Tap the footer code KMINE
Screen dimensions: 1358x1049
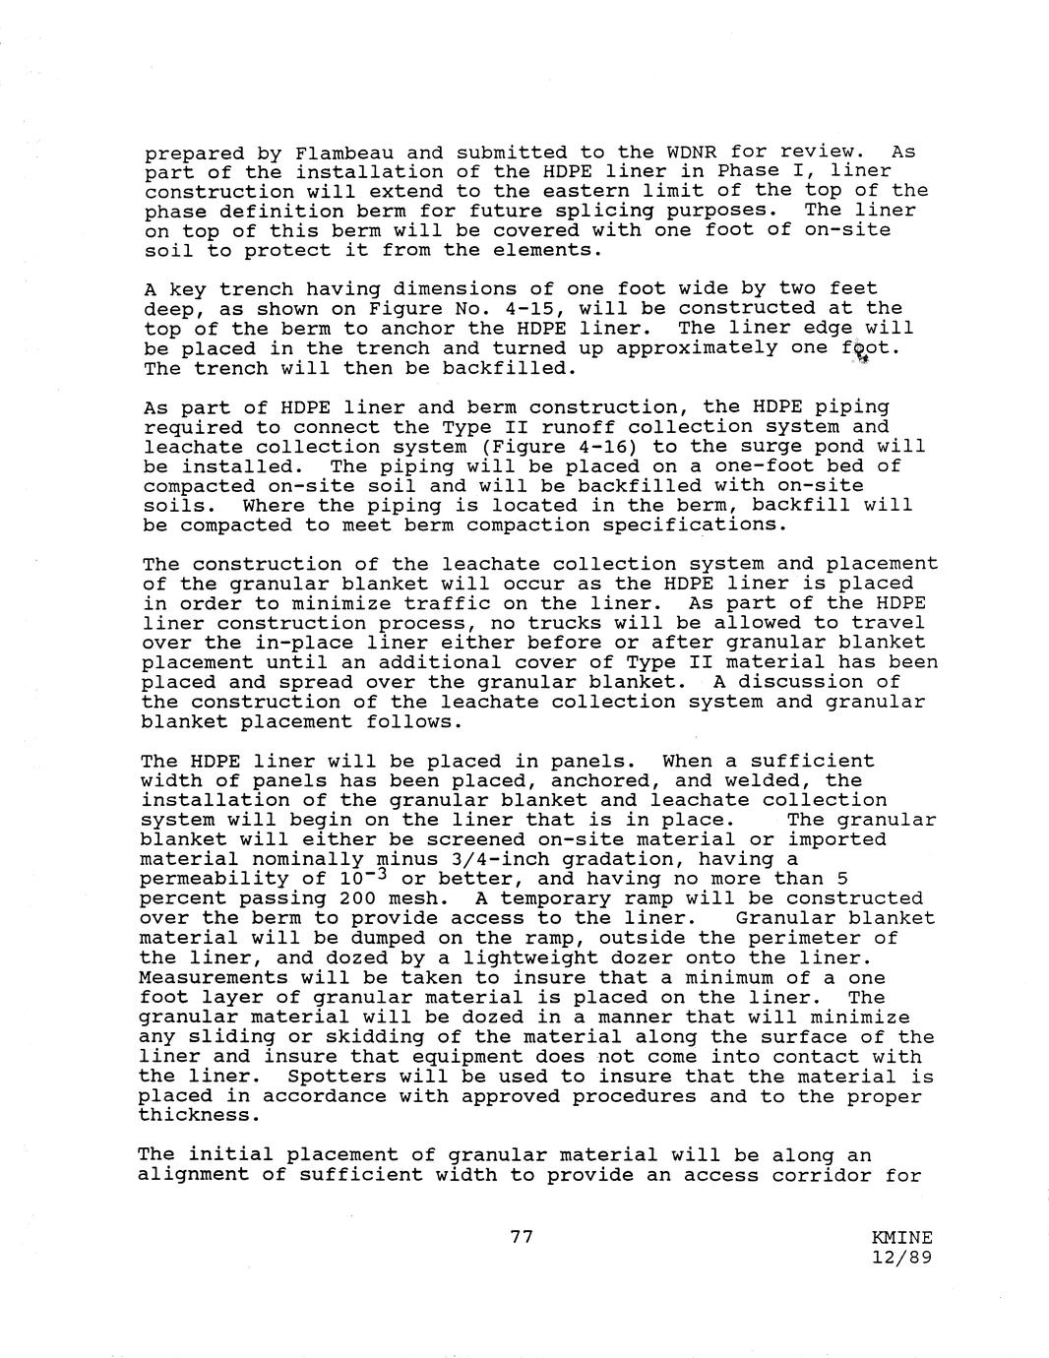tap(901, 1238)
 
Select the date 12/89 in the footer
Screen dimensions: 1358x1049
tap(901, 1257)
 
